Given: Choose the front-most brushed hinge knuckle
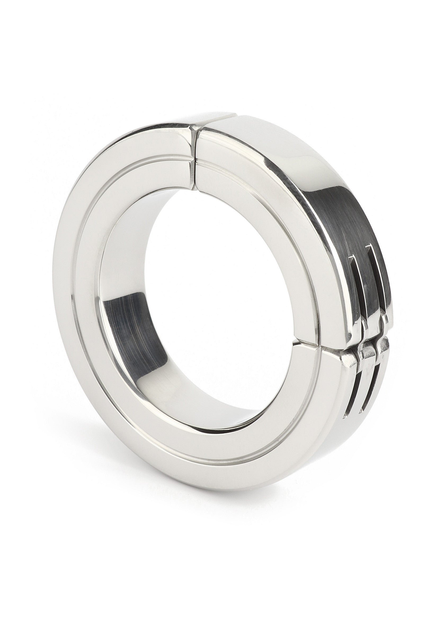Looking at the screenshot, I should click(349, 357).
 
